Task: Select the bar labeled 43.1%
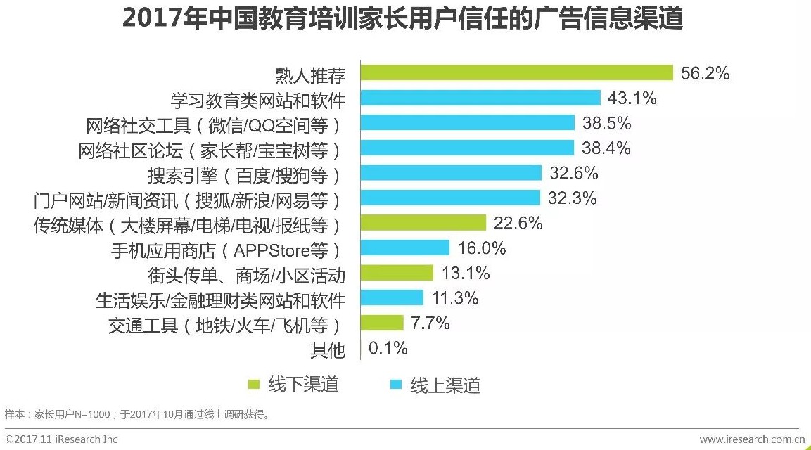[480, 98]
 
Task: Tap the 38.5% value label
[606, 123]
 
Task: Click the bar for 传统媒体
[423, 224]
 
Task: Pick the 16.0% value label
[481, 248]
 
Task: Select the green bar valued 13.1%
[397, 273]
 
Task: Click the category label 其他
[328, 349]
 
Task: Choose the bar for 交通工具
[382, 323]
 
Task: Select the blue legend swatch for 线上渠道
[396, 385]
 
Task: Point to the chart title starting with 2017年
[402, 19]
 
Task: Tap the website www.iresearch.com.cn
[751, 440]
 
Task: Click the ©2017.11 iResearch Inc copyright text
[62, 440]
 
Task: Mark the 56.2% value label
[705, 73]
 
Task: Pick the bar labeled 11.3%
[392, 298]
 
